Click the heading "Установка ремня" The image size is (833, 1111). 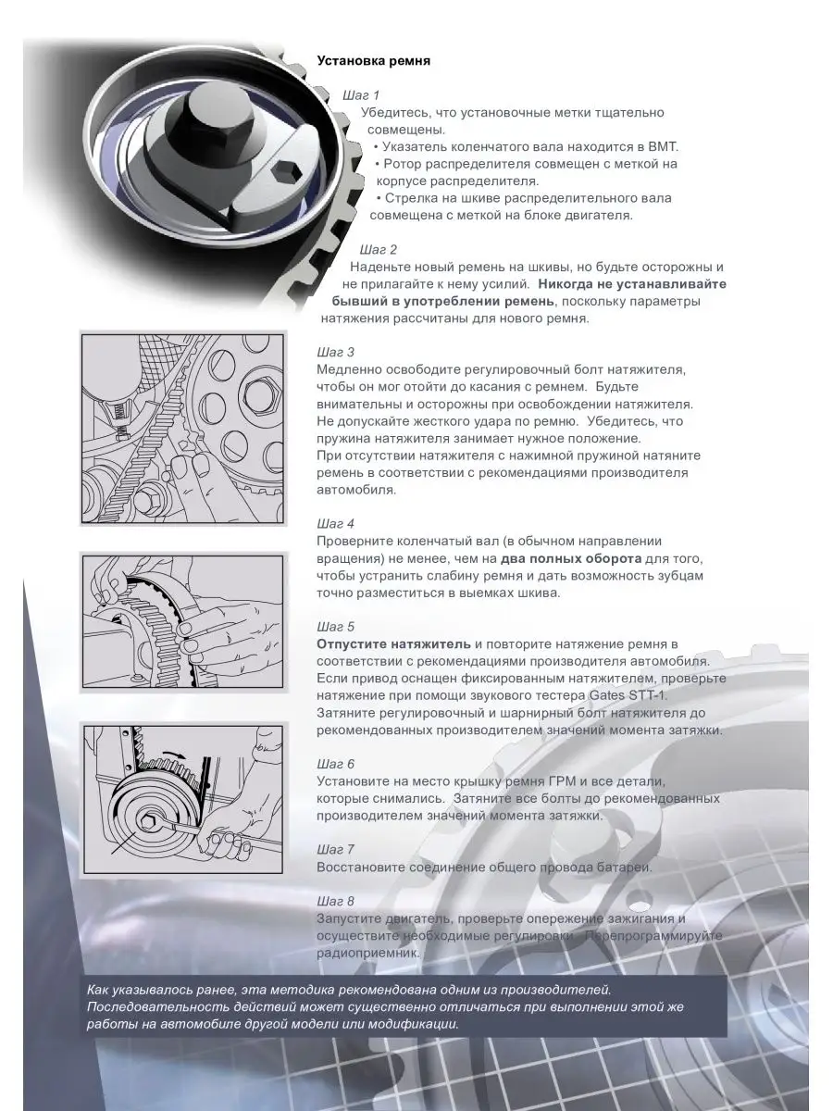pos(373,61)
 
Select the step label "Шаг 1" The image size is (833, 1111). pos(361,95)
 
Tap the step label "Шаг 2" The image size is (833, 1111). pos(379,250)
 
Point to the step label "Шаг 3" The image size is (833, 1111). pos(335,353)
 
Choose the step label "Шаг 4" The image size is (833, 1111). pos(335,523)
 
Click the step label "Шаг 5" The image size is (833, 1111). pos(335,627)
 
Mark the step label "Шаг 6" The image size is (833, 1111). pos(335,764)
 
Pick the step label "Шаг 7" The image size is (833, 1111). pos(335,849)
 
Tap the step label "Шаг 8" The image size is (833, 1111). pos(335,901)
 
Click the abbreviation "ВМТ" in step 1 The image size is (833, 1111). pos(662,147)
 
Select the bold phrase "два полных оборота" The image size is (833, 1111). pos(571,559)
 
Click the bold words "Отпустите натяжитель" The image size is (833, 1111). pos(393,644)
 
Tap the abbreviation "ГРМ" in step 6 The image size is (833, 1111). pos(563,781)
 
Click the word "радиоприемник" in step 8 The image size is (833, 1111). pos(367,953)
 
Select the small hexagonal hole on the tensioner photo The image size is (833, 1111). pos(286,171)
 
